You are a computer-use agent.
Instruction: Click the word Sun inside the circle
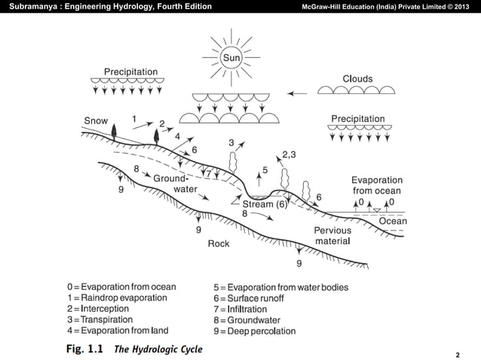point(230,57)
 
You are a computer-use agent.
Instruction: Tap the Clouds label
point(357,78)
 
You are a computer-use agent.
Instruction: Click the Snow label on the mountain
point(96,120)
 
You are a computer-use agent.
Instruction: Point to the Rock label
point(219,243)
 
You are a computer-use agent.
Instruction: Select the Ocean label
point(392,221)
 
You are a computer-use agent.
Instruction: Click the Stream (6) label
point(265,204)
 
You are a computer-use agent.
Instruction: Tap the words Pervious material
point(332,236)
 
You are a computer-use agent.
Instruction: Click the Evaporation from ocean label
point(377,185)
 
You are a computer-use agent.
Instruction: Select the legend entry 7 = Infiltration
point(240,309)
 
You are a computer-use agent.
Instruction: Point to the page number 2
point(458,352)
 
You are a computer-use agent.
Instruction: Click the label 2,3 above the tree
point(290,155)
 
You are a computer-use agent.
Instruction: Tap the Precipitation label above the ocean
point(358,119)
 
